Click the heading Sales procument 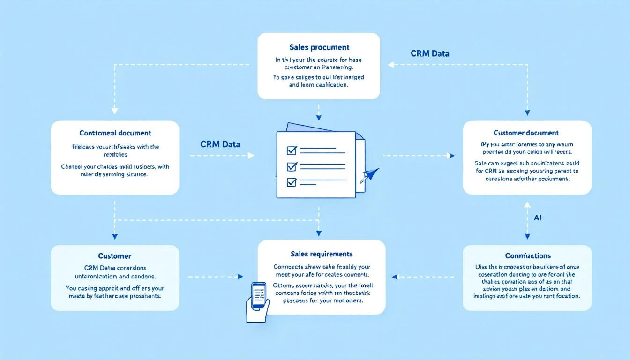[319, 47]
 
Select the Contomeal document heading [115, 133]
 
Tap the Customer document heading [526, 133]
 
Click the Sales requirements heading [322, 254]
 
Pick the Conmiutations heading [528, 256]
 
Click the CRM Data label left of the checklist [220, 144]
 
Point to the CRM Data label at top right [430, 53]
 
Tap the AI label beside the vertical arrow [538, 218]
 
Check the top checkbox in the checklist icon [292, 150]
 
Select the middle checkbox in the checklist [292, 166]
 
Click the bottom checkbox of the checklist [292, 182]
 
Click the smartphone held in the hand [259, 296]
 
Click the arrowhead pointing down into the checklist [319, 118]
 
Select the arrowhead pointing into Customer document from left [451, 156]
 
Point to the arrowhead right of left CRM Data [251, 156]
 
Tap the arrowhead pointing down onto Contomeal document [115, 111]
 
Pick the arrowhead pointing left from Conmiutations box [395, 277]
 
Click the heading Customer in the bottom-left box [115, 256]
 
